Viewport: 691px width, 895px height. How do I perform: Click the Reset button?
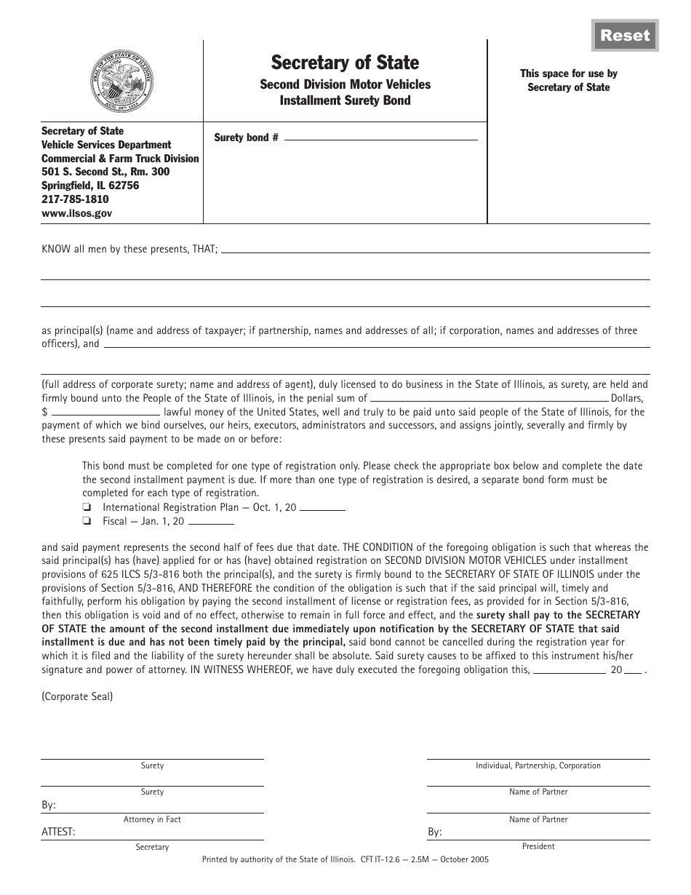pyautogui.click(x=625, y=36)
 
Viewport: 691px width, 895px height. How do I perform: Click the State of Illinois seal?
pyautogui.click(x=121, y=78)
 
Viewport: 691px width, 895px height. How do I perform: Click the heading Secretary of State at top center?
pyautogui.click(x=345, y=63)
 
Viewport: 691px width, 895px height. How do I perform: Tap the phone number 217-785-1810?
pyautogui.click(x=75, y=199)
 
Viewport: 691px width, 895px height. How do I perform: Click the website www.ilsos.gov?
pyautogui.click(x=76, y=213)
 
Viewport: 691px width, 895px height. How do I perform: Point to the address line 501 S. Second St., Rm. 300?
pyautogui.click(x=105, y=172)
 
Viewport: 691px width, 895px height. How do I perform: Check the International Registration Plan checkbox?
pyautogui.click(x=87, y=508)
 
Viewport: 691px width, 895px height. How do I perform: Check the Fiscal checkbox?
pyautogui.click(x=87, y=522)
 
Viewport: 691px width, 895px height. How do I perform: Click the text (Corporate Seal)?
pyautogui.click(x=77, y=696)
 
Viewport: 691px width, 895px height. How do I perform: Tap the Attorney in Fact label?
pyautogui.click(x=152, y=819)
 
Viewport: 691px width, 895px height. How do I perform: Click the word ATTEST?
pyautogui.click(x=58, y=832)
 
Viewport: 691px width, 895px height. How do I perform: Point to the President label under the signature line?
pyautogui.click(x=538, y=846)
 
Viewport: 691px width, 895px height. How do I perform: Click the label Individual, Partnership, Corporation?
pyautogui.click(x=538, y=765)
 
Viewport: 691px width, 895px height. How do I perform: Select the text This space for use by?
pyautogui.click(x=569, y=73)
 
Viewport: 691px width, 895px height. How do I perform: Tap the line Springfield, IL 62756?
pyautogui.click(x=90, y=186)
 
